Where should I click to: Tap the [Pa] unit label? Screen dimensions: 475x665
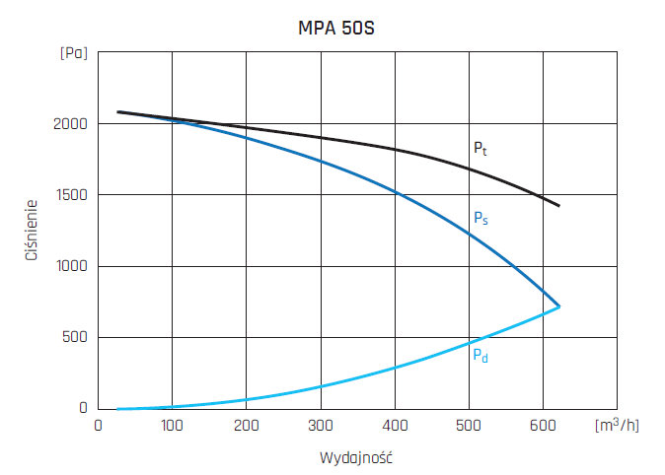(73, 52)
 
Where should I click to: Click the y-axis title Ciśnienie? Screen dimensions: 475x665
(33, 231)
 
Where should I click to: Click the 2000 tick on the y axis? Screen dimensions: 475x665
(70, 124)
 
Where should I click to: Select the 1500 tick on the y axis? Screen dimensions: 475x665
(70, 195)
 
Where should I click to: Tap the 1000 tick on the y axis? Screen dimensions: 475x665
(70, 266)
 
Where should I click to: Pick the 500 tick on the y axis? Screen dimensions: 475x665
(74, 337)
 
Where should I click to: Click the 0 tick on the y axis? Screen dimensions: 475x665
(83, 408)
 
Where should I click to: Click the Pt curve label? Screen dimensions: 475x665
(479, 149)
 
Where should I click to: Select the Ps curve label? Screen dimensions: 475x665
(480, 219)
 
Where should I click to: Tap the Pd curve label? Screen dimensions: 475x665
(480, 354)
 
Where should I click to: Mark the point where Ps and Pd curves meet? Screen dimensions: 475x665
(559, 306)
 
